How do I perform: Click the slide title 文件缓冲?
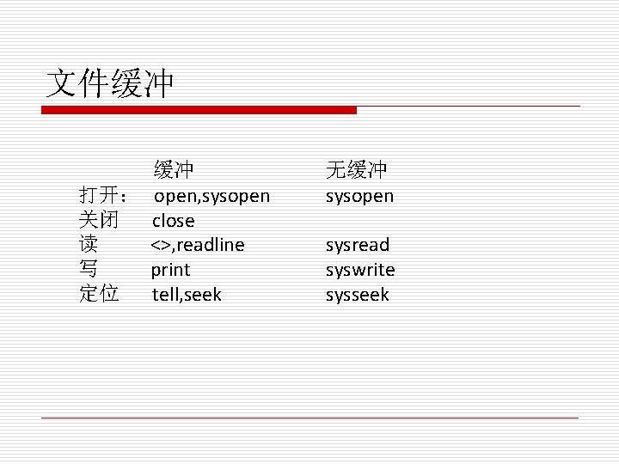(109, 83)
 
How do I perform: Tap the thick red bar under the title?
(199, 110)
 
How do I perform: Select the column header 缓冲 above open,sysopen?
(174, 169)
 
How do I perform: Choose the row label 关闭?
(98, 220)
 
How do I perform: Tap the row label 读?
(88, 245)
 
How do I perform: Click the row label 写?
(88, 270)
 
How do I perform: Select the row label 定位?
(98, 294)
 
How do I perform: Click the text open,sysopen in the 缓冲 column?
(211, 197)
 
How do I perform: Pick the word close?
(174, 221)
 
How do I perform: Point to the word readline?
(211, 246)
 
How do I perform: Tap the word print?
(171, 271)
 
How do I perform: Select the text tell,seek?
(187, 295)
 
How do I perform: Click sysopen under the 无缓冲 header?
(359, 197)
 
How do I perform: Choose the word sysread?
(357, 246)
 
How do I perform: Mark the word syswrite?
(360, 270)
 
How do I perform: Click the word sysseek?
(357, 295)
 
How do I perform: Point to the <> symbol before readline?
(161, 246)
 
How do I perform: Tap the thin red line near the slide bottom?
(309, 418)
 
